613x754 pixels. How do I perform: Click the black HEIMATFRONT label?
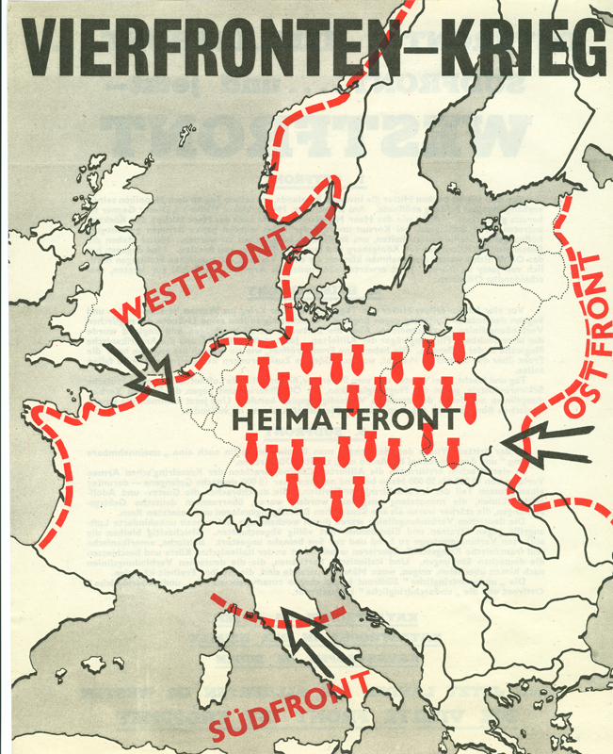coord(341,418)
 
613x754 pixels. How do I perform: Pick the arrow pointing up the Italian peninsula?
coord(316,645)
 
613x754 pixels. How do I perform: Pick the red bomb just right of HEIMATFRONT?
coord(471,409)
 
